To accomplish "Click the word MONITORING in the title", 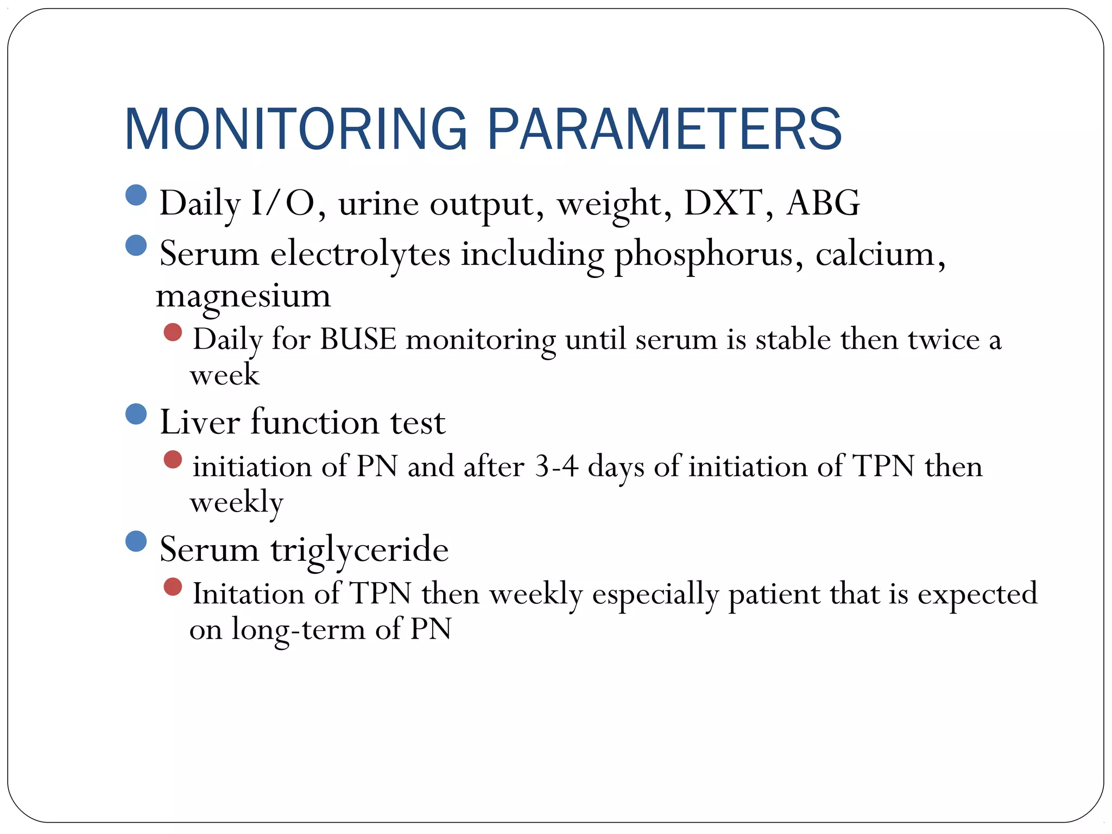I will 296,129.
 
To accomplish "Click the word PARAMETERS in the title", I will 664,129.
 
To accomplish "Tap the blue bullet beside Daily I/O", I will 136,195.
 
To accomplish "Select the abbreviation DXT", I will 723,203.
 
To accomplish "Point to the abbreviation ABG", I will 823,203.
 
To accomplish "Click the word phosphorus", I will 704,254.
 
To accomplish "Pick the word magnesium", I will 243,296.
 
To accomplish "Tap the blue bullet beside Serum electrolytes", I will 136,245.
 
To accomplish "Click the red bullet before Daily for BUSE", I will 173,332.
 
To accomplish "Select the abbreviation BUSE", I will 358,340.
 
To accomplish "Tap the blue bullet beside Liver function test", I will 136,414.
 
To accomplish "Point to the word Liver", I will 199,422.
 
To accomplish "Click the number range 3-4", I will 556,466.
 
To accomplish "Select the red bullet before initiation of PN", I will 173,459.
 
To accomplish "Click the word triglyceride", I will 359,549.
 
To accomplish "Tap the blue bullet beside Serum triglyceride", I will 136,541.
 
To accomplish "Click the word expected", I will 977,593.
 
